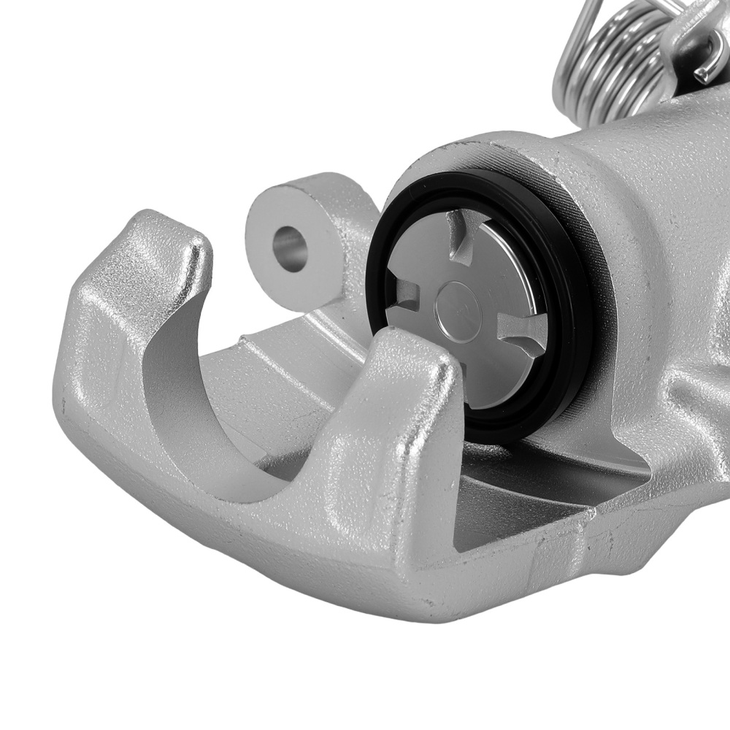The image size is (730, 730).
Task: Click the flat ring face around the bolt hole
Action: pyautogui.click(x=310, y=212)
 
